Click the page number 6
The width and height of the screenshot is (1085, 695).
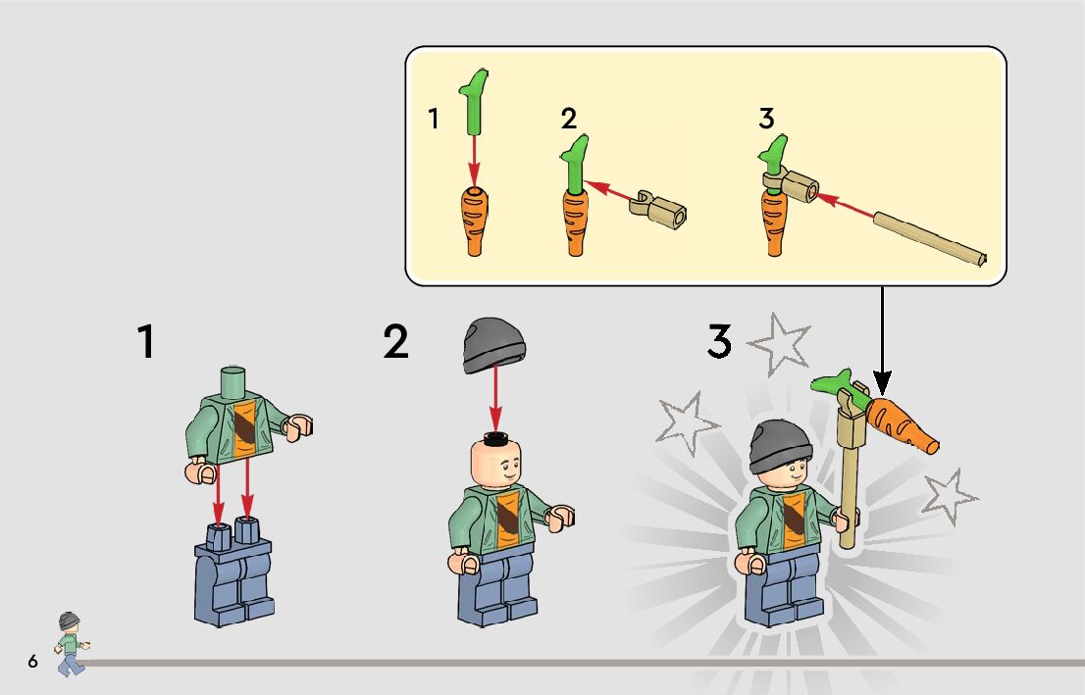[x=32, y=661]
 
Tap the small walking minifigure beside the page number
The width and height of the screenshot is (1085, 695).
[x=70, y=644]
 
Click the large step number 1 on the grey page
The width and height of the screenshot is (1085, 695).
[x=146, y=341]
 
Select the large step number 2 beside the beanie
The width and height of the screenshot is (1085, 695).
[x=395, y=342]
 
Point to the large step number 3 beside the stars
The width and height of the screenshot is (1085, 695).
[x=720, y=341]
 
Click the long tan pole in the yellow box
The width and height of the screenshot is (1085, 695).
[x=930, y=239]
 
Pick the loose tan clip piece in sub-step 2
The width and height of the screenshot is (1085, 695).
[x=658, y=210]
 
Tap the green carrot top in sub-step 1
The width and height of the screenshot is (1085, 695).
[x=474, y=101]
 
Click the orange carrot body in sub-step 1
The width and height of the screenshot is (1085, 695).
[x=474, y=221]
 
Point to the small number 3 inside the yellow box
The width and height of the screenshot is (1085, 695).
[x=766, y=119]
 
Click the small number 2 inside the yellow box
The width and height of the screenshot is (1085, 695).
[x=569, y=119]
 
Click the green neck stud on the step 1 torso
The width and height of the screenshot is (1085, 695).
[x=233, y=381]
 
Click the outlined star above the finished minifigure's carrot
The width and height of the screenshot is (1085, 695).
[x=781, y=344]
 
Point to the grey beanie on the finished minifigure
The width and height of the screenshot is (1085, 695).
[x=781, y=446]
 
